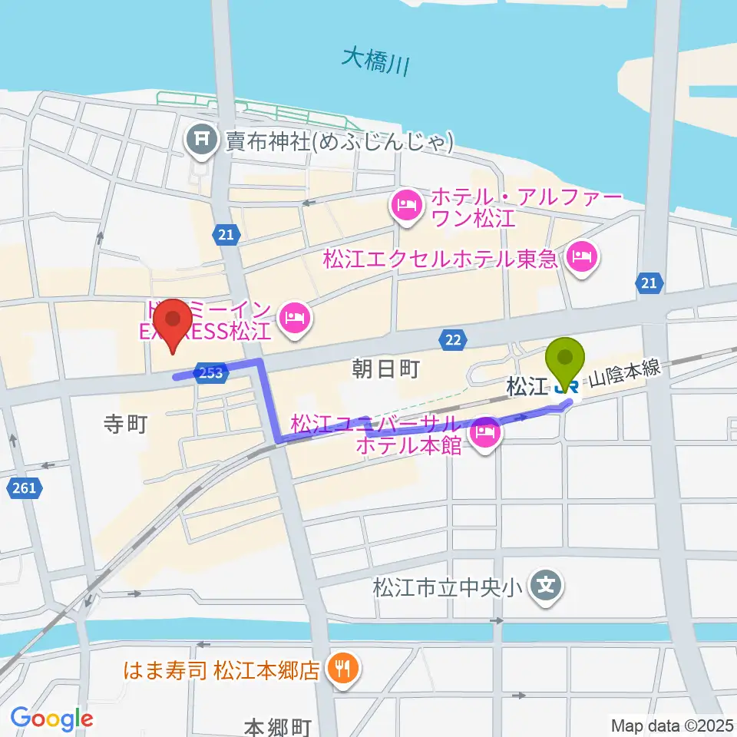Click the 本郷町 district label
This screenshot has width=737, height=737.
(x=277, y=726)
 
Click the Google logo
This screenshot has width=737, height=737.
(x=51, y=719)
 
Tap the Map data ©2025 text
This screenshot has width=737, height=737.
(x=672, y=725)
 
